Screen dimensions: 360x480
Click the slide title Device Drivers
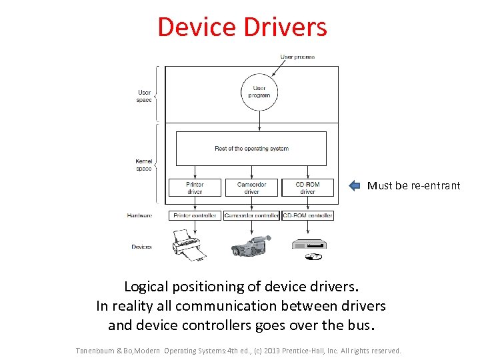[x=242, y=27]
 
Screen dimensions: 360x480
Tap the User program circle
[x=259, y=92]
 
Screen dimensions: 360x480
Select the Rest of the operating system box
[x=251, y=148]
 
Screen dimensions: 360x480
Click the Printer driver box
[x=195, y=187]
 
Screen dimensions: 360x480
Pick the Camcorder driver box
[x=251, y=187]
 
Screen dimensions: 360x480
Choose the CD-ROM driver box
[x=307, y=187]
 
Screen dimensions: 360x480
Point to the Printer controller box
[x=195, y=215]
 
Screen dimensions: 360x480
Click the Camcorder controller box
[x=251, y=215]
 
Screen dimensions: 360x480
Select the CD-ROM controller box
[x=307, y=215]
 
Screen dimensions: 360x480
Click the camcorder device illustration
[x=251, y=245]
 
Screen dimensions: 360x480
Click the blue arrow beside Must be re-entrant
[x=355, y=186]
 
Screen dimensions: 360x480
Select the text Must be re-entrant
[x=413, y=186]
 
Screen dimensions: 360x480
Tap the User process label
[x=297, y=57]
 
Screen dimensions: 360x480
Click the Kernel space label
[x=144, y=165]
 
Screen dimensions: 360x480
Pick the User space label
[x=144, y=96]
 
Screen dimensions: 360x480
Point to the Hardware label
[x=139, y=215]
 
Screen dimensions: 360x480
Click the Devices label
[x=141, y=247]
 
